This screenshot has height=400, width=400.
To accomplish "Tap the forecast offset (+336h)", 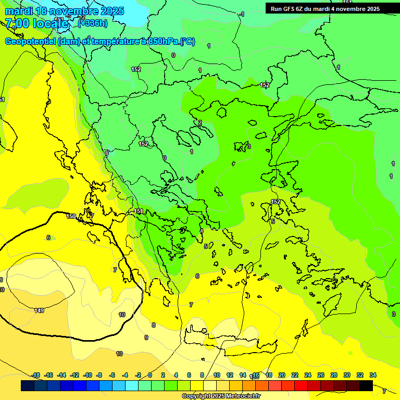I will (93, 23).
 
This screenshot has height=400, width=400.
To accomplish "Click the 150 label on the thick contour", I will (71, 216).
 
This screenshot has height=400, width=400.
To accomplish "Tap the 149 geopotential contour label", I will (39, 311).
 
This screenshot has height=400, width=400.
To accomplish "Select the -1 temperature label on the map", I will (242, 14).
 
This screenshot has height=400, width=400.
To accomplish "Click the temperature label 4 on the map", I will (202, 231).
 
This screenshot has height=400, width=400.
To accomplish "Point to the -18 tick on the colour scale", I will (35, 375).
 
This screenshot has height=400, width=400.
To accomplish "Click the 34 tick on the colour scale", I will (373, 375).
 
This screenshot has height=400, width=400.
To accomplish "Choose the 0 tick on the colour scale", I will (150, 375).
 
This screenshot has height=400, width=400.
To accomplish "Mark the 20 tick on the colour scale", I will (282, 375).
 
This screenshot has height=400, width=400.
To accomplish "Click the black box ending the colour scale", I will (366, 385).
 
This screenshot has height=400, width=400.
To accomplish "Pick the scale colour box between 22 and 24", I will (301, 385).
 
